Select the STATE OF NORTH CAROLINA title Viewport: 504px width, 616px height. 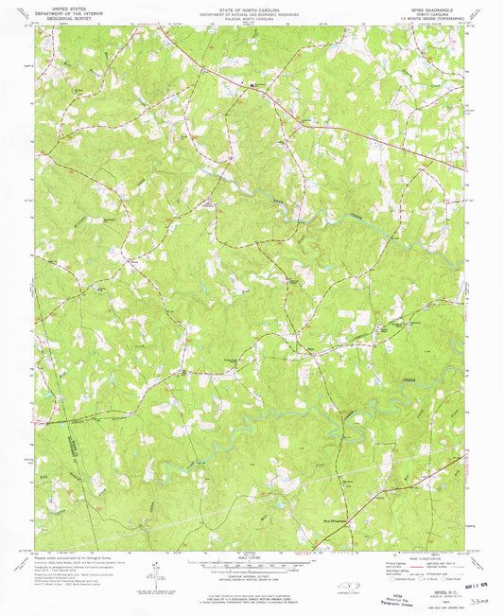[x=251, y=6]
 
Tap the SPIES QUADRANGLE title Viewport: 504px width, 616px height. [x=434, y=6]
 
